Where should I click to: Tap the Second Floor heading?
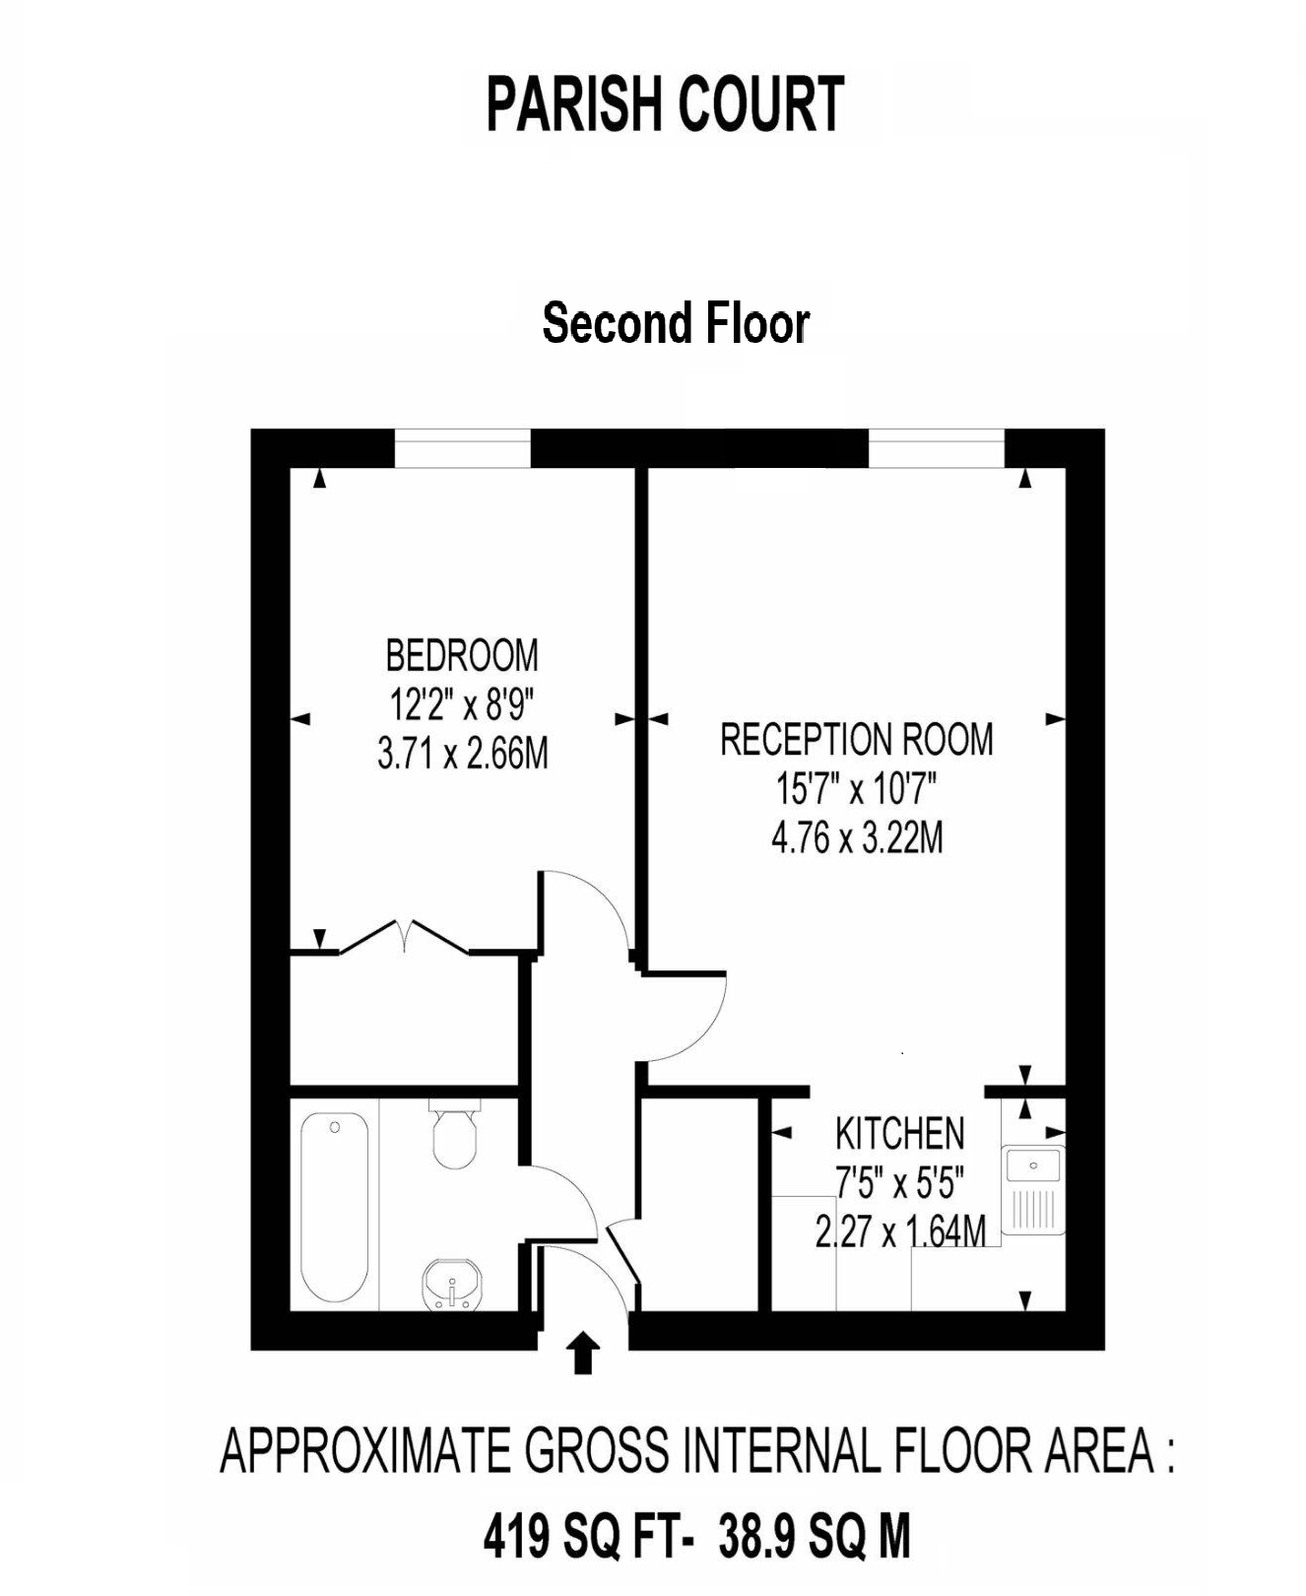pos(676,323)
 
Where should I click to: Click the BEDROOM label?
pos(462,655)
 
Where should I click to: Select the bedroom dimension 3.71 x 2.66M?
pos(462,755)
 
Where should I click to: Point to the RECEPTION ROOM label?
pos(856,740)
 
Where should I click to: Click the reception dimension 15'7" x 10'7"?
pos(856,789)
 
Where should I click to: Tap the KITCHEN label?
pos(899,1134)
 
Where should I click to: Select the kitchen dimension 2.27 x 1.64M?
pos(899,1231)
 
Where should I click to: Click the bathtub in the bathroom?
pos(334,1206)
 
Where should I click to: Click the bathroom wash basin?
pos(452,1285)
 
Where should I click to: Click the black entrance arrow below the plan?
pos(583,1354)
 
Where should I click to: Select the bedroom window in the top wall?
pos(462,448)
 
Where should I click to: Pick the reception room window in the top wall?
pos(936,448)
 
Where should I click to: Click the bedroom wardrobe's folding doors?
pos(405,935)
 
